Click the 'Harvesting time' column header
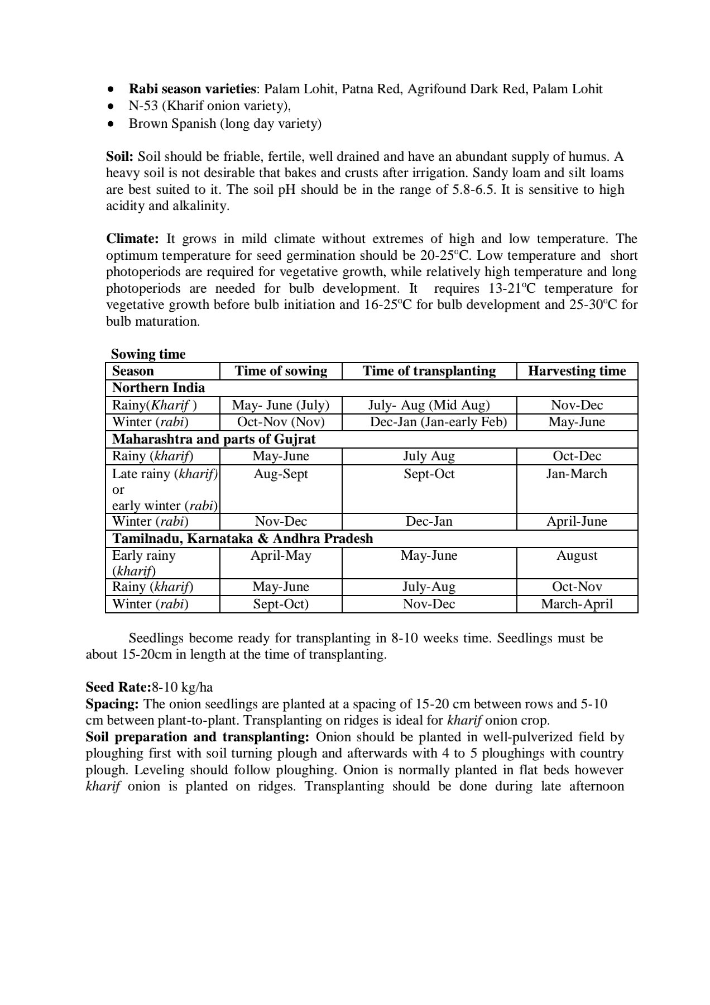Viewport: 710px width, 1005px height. [577, 371]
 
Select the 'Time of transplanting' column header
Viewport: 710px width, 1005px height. [429, 371]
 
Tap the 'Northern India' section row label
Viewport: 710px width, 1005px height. [159, 388]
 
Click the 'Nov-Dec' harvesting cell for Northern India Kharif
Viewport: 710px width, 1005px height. [577, 405]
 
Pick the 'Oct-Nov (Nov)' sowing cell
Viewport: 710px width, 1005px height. [281, 422]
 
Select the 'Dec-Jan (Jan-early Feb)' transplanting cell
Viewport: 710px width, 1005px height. [438, 422]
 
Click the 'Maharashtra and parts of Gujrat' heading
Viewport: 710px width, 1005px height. [214, 439]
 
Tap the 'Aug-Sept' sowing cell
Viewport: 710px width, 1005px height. [281, 474]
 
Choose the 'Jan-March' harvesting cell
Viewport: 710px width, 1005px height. [577, 474]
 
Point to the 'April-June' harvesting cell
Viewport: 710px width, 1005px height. [577, 521]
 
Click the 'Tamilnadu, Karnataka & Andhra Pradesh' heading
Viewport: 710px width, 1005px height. [243, 539]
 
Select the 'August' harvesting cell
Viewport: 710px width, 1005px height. [577, 555]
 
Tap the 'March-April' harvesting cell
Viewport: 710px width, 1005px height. [577, 604]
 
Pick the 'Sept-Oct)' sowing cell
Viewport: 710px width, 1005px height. [281, 604]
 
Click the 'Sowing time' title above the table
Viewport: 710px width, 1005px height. [148, 354]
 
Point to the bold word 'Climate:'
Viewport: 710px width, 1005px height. [133, 239]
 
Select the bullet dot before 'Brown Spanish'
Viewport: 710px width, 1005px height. [111, 123]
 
